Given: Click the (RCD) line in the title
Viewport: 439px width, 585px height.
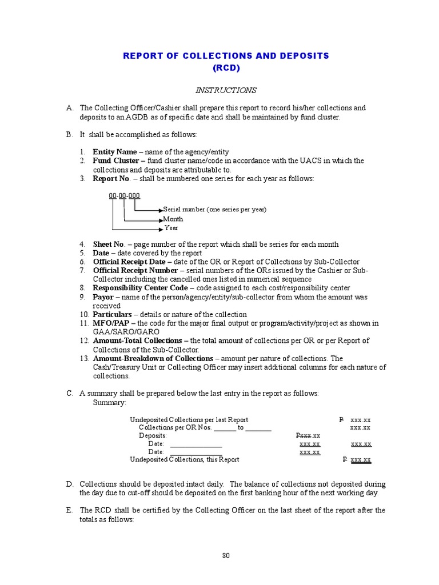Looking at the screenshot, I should tap(226, 68).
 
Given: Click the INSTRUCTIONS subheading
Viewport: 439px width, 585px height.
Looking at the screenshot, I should tap(226, 90).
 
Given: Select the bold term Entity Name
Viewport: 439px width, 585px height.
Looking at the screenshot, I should tap(115, 152).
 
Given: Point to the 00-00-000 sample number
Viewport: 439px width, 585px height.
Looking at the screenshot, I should tap(124, 196).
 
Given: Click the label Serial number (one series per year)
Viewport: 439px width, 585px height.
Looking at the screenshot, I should tap(215, 210).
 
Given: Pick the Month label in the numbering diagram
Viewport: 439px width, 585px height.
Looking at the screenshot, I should tap(173, 219).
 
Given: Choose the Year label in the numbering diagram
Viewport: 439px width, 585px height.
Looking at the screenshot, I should tap(171, 228).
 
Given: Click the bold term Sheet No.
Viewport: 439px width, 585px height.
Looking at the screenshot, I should tap(109, 245).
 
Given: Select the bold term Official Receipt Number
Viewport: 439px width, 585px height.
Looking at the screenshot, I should tap(135, 270).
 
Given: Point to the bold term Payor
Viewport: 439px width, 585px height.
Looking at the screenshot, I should tap(104, 297).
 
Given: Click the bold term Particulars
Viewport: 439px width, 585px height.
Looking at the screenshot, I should tap(113, 314).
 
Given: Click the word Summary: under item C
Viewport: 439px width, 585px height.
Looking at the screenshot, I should tap(110, 403).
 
